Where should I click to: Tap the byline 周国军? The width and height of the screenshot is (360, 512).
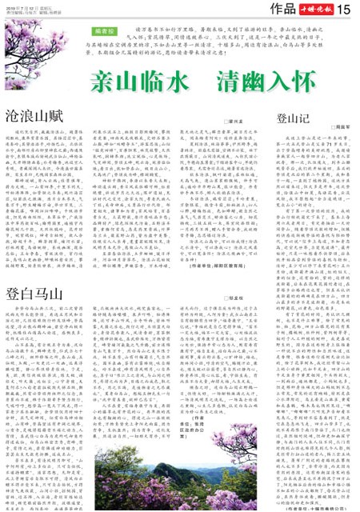tap(342, 126)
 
